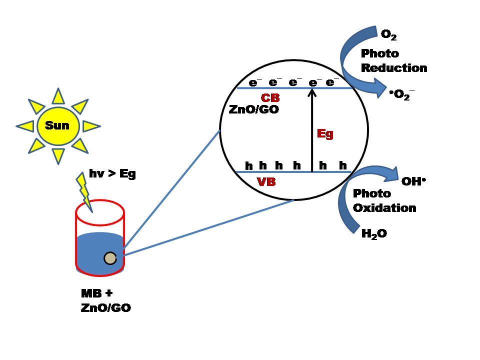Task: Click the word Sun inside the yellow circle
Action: point(57,125)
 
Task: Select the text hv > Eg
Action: point(112,174)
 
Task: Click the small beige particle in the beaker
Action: point(110,258)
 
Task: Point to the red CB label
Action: point(270,98)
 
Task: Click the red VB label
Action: point(266,181)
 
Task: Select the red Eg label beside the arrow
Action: point(325,134)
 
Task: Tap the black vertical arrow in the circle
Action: point(312,130)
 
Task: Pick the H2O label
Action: point(374,233)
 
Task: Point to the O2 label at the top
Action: point(388,34)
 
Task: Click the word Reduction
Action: point(394,68)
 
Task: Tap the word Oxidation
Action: point(384,207)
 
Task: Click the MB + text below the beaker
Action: point(97,292)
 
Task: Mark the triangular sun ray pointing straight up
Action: point(58,95)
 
